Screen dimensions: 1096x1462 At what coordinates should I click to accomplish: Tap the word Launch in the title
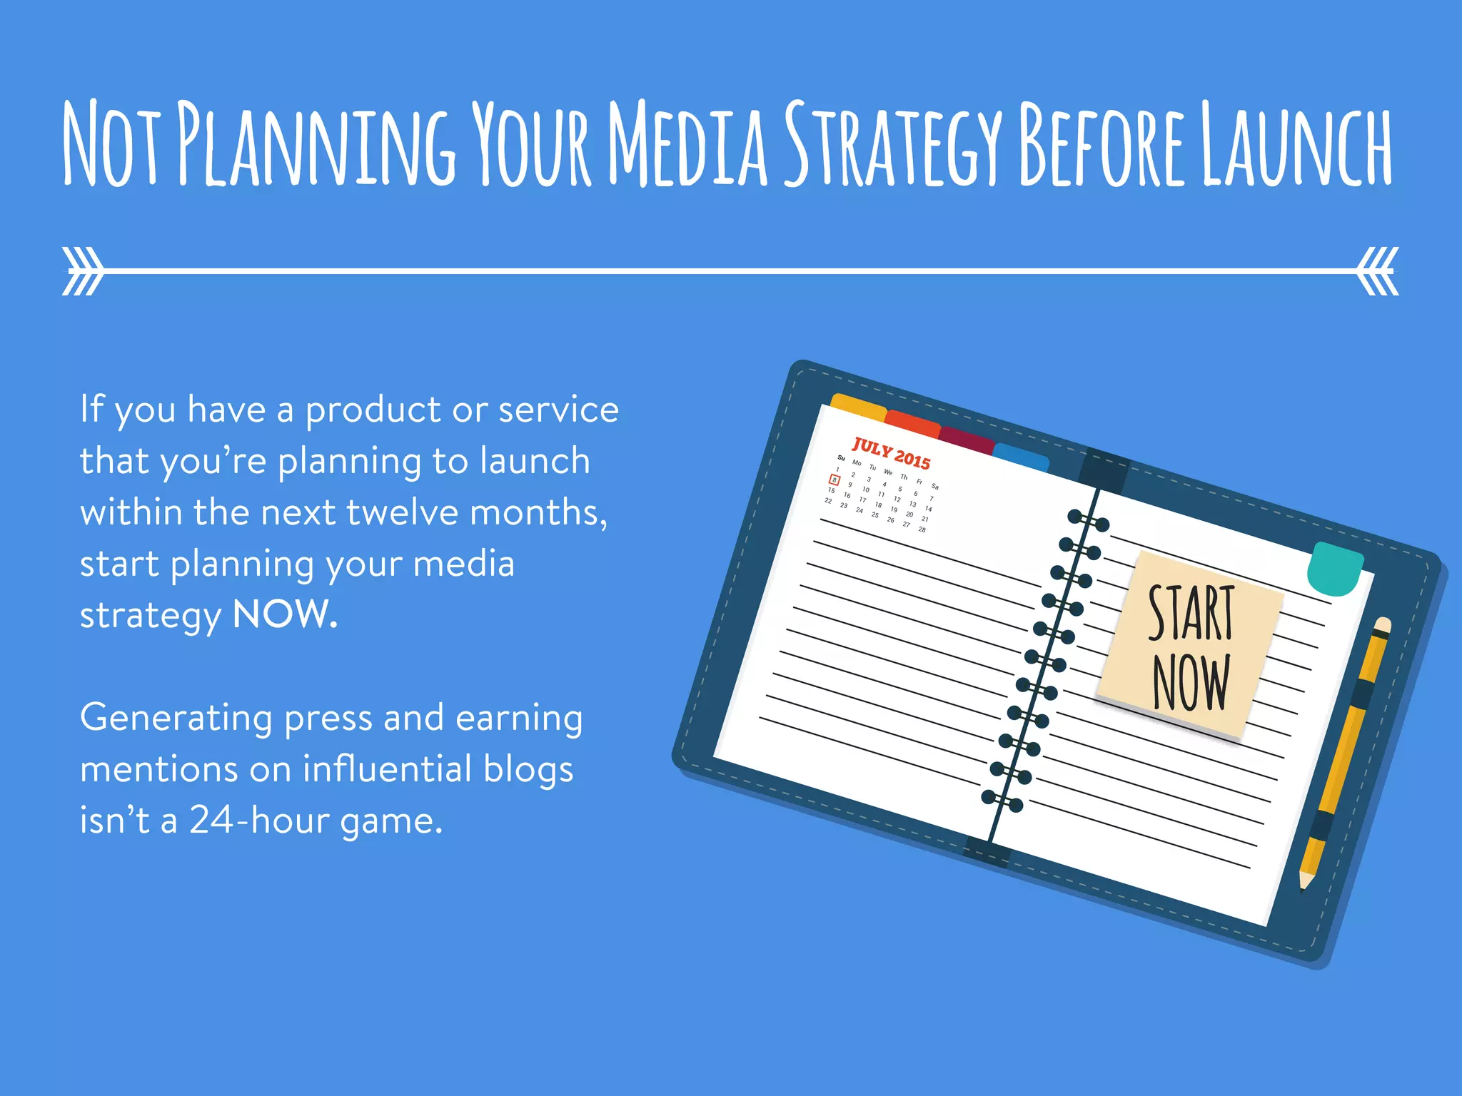(x=1296, y=145)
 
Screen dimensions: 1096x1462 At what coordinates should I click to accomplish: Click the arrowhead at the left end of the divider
(x=82, y=271)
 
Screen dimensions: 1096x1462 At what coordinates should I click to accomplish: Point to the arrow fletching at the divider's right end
(x=1378, y=271)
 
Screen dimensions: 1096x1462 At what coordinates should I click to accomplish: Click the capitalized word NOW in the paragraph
(x=283, y=614)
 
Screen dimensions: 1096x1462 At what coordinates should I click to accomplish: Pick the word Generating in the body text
(x=176, y=718)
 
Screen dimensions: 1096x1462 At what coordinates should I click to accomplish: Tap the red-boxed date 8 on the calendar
(x=834, y=480)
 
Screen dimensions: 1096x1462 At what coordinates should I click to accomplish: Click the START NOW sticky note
(x=1190, y=645)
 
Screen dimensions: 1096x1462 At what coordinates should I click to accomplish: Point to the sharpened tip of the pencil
(x=1304, y=885)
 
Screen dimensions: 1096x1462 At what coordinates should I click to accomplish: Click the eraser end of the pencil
(x=1383, y=626)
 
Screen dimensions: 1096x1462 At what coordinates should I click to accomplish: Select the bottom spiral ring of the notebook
(x=1002, y=801)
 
